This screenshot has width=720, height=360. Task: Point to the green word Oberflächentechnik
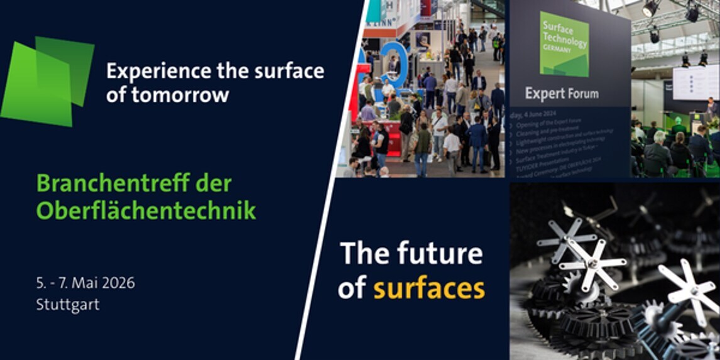pos(146,210)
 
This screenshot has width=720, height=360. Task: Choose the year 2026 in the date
pos(117,283)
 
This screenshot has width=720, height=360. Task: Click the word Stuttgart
pos(68,305)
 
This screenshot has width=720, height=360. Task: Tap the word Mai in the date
pos(85,283)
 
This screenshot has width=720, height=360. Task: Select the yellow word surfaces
pos(428,288)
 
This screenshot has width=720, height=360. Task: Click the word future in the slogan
pos(439,254)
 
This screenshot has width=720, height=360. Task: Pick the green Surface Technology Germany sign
pos(564,44)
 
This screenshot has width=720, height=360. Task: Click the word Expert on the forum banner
pos(545,94)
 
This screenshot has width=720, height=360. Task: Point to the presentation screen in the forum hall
pos(695,82)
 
